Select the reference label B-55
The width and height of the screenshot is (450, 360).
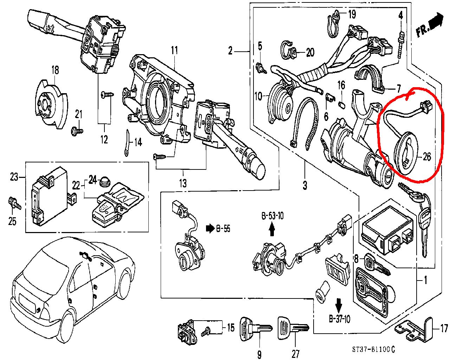[223, 229]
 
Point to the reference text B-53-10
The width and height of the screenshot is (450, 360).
[272, 216]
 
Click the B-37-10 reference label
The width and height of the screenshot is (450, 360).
[339, 319]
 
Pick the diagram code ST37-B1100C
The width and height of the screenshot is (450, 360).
[373, 349]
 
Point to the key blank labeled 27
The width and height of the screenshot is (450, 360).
[293, 329]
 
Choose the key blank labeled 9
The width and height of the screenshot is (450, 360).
[255, 329]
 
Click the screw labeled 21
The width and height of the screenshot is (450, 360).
[77, 131]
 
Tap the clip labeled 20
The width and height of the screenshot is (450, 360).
[288, 52]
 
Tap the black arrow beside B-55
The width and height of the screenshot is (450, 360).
[210, 229]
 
